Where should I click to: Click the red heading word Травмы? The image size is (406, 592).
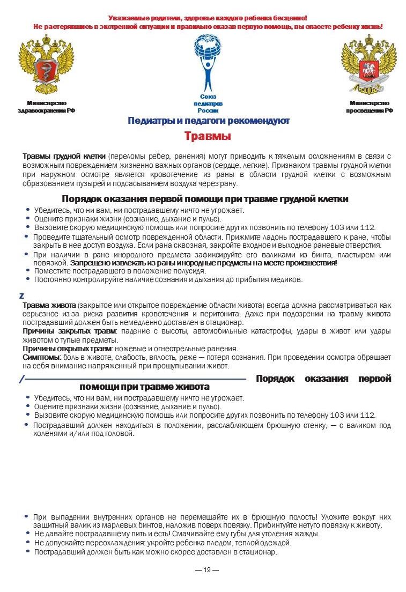208,136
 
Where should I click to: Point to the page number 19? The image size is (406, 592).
207,569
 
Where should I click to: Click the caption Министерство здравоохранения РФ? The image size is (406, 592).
47,106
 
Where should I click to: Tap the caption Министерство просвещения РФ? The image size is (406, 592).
369,106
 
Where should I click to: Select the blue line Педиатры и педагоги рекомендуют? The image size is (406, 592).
208,121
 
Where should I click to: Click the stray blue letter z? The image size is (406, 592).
21,295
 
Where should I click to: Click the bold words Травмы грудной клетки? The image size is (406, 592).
64,156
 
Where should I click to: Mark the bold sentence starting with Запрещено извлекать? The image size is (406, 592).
203,263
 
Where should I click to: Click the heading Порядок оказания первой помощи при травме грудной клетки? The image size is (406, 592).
205,199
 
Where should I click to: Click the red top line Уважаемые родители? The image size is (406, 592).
208,18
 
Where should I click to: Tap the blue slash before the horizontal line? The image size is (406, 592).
21,379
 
